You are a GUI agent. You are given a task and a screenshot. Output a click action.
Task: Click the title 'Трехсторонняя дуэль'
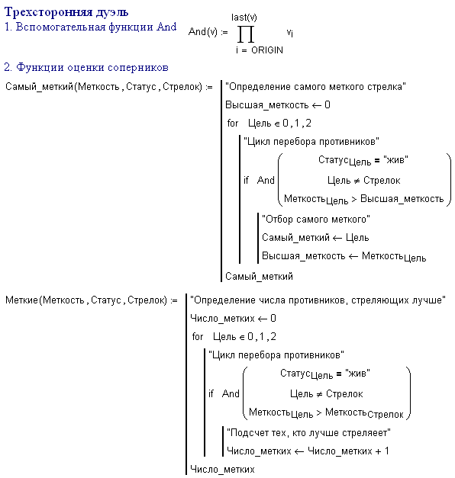(x=66, y=12)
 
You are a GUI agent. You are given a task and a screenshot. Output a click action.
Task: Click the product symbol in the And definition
(x=246, y=34)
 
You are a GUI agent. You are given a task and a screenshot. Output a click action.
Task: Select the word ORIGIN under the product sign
(x=267, y=50)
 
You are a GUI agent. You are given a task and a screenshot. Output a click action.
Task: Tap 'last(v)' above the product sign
(x=244, y=18)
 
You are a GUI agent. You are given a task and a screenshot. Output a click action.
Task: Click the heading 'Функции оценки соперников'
(x=92, y=67)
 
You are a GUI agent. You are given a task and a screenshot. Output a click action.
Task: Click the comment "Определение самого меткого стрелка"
(x=315, y=87)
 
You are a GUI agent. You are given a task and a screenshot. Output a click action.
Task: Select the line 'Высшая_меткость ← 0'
(x=278, y=105)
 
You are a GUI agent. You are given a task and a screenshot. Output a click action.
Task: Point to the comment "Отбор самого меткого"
(x=316, y=219)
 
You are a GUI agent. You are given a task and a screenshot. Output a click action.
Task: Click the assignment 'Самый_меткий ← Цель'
(x=315, y=237)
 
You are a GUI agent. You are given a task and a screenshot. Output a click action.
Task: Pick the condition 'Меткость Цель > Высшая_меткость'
(x=363, y=200)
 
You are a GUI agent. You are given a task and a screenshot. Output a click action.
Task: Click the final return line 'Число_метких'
(x=222, y=469)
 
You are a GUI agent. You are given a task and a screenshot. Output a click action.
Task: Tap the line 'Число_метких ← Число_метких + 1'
(x=308, y=451)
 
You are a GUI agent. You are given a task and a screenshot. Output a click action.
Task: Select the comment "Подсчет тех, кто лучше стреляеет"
(x=308, y=432)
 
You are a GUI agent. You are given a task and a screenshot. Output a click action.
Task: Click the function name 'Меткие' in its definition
(x=21, y=300)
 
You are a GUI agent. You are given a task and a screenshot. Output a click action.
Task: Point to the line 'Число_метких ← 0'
(x=233, y=318)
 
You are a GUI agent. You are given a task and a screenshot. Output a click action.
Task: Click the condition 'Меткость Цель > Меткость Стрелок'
(x=326, y=412)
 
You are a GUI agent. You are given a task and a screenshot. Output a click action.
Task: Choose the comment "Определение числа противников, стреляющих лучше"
(x=318, y=300)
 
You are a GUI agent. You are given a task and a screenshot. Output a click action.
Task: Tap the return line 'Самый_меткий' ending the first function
(x=259, y=276)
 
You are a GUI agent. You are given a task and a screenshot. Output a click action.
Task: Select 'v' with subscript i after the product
(x=290, y=32)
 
